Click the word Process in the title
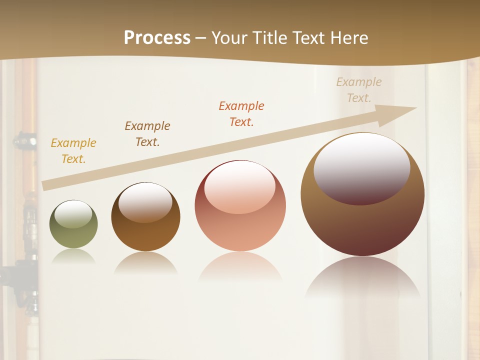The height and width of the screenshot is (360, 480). pos(157,38)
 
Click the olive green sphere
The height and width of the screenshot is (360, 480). pos(73,235)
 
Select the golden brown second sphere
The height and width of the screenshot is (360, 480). pos(145,235)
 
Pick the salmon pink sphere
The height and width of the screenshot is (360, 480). pos(240,230)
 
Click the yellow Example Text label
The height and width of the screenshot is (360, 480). pos(73,151)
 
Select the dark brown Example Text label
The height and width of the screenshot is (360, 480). pos(147,134)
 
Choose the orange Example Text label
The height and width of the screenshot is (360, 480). pos(241,114)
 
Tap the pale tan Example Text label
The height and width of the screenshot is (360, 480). pos(358,90)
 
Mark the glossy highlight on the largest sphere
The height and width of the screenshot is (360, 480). pos(362,167)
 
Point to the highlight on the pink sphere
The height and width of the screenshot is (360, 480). pos(239,186)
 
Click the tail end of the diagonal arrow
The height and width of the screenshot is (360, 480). pos(47,185)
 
